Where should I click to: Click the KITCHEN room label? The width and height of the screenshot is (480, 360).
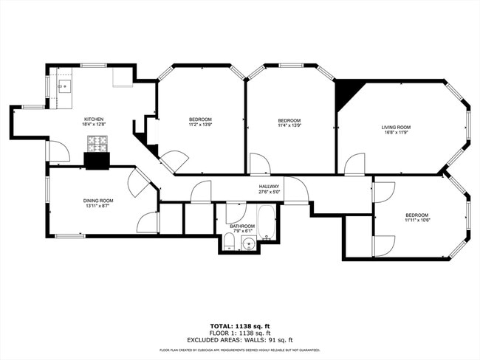tap(94, 119)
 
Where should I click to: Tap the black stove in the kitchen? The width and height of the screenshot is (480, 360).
tap(97, 160)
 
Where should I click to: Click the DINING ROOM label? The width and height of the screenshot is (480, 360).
tap(97, 200)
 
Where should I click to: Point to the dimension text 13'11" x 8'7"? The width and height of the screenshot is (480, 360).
tap(97, 206)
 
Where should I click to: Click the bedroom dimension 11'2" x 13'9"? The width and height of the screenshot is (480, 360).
tap(200, 125)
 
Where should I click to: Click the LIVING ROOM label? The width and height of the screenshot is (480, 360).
tap(396, 127)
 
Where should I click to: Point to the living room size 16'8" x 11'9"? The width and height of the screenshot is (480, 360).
tap(396, 133)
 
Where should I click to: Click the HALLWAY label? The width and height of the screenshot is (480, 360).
tap(269, 187)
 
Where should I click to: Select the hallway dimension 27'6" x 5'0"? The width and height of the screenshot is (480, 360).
tap(269, 193)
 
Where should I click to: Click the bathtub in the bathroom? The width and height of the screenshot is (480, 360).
tap(267, 224)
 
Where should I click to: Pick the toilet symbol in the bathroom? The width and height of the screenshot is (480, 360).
tap(229, 244)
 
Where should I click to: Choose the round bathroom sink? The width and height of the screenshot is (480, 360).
tap(249, 243)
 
